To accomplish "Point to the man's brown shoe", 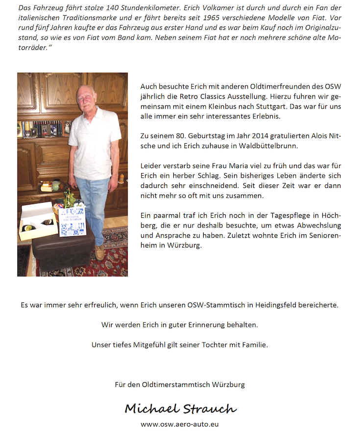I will [99, 252].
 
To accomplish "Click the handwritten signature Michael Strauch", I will [180, 408].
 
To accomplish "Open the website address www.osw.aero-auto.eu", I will [180, 424].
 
